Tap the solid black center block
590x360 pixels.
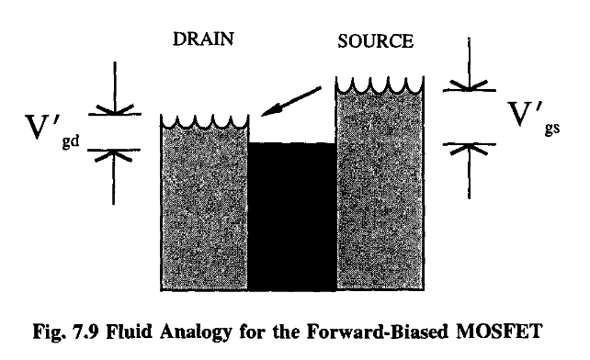pos(292,216)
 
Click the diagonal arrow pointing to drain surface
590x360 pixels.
pos(291,102)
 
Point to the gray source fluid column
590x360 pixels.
pos(378,193)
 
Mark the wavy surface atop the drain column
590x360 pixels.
pos(204,122)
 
